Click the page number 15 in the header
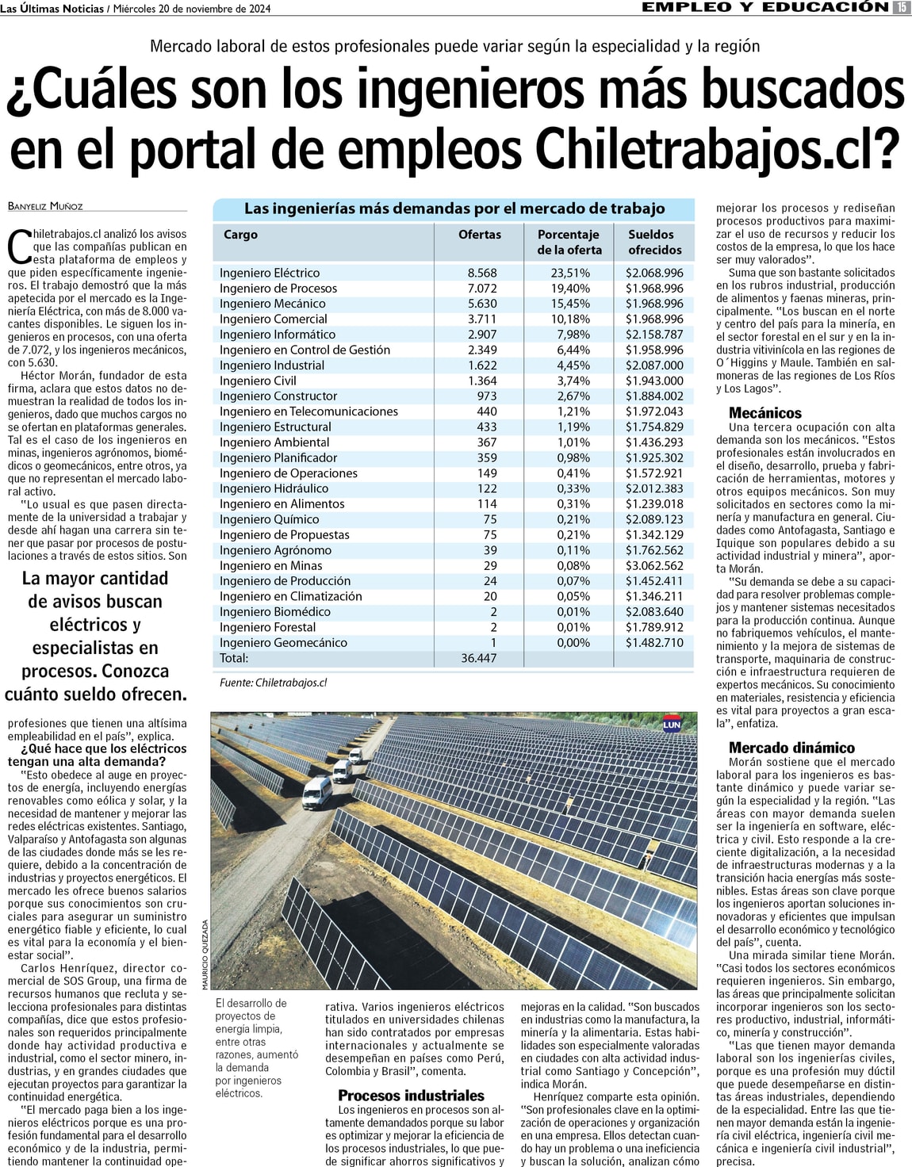pyautogui.click(x=901, y=7)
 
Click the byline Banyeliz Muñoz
pyautogui.click(x=45, y=206)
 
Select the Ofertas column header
pyautogui.click(x=479, y=235)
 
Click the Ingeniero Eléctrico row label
pyautogui.click(x=270, y=273)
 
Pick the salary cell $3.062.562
pyautogui.click(x=653, y=565)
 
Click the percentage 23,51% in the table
pyautogui.click(x=570, y=273)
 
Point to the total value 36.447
pyautogui.click(x=478, y=658)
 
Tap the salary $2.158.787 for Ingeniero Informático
pyautogui.click(x=653, y=335)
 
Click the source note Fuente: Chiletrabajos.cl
pyautogui.click(x=273, y=682)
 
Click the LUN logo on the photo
pyautogui.click(x=672, y=724)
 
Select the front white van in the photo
pyautogui.click(x=317, y=791)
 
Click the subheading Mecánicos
pyautogui.click(x=764, y=413)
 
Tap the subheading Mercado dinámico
pyautogui.click(x=791, y=748)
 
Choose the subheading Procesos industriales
pyautogui.click(x=411, y=1096)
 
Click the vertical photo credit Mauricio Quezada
pyautogui.click(x=205, y=954)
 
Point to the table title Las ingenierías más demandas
pyautogui.click(x=454, y=209)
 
